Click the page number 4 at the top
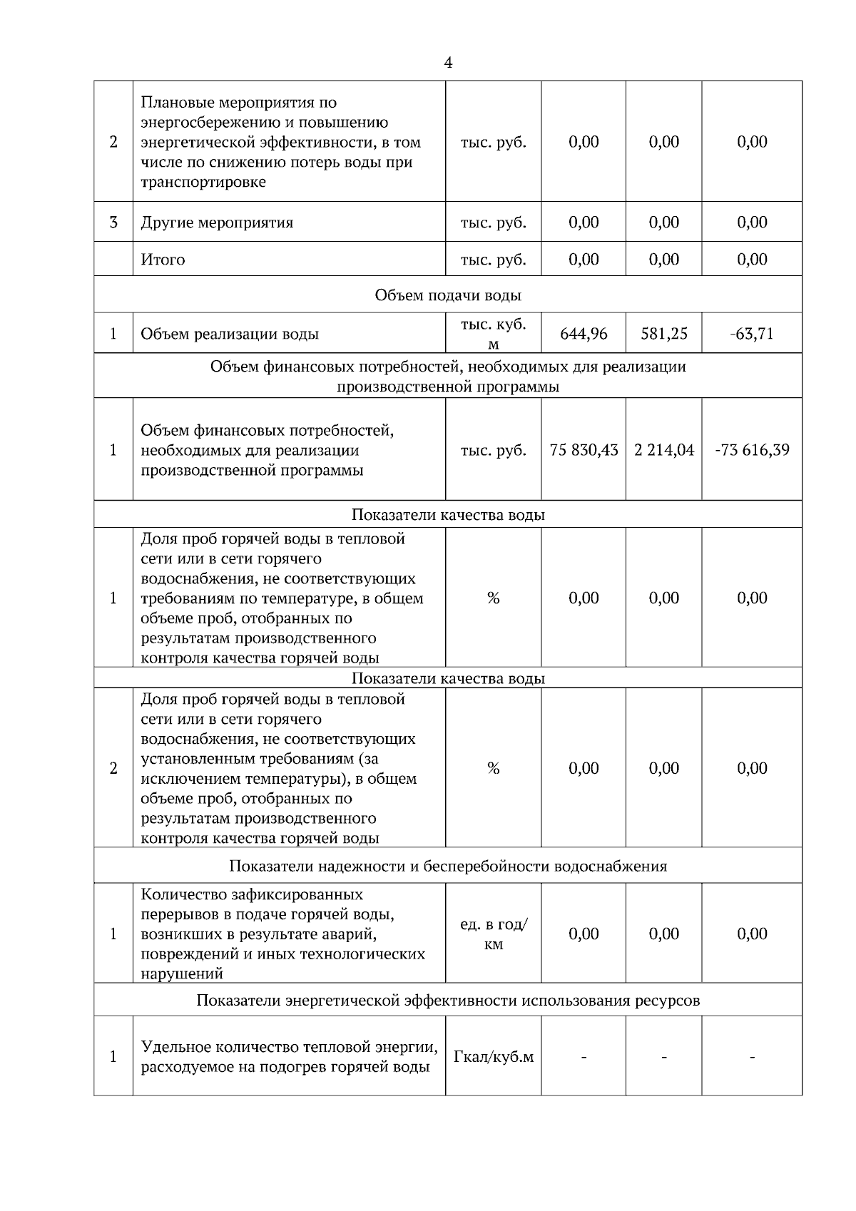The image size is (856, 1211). [447, 63]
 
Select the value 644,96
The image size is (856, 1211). [584, 334]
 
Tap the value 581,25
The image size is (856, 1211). [663, 334]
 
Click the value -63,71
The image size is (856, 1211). [751, 334]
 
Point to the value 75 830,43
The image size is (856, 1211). [584, 450]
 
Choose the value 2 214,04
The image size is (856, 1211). [663, 450]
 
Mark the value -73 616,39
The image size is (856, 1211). [751, 450]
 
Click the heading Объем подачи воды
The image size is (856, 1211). [447, 295]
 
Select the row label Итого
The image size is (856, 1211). [163, 260]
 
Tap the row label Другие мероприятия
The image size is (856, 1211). [217, 223]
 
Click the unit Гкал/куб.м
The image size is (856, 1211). [493, 1056]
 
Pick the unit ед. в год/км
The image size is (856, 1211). [493, 934]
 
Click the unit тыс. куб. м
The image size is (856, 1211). [493, 334]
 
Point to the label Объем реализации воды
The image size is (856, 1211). [229, 334]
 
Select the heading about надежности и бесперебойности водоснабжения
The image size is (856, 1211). [447, 867]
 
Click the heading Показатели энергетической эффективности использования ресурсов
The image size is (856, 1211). [447, 1001]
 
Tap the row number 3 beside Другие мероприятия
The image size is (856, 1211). [113, 223]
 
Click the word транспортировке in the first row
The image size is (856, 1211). [203, 182]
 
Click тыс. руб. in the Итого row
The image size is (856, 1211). [493, 260]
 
